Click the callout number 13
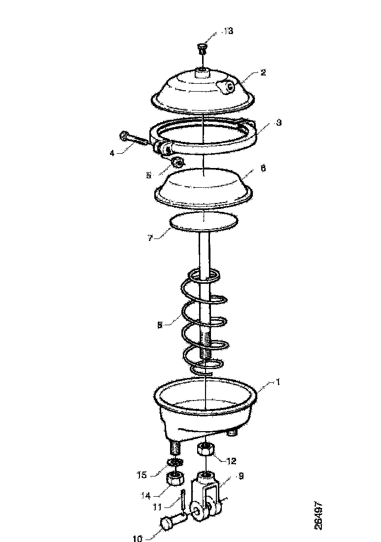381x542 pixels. [x=228, y=31]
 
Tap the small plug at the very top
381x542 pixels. [x=202, y=48]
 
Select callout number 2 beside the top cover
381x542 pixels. [x=263, y=72]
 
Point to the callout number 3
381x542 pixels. [x=278, y=123]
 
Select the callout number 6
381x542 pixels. [x=263, y=169]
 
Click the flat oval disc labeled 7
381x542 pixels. [x=204, y=221]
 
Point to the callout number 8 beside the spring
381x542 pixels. [x=160, y=325]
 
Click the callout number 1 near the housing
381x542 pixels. [x=277, y=382]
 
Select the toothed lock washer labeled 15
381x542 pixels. [x=175, y=462]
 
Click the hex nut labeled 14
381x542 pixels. [x=175, y=479]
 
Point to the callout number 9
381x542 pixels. [x=241, y=476]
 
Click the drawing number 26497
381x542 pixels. [x=318, y=515]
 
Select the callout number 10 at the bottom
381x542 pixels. [x=138, y=538]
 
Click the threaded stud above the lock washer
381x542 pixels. [x=176, y=449]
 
